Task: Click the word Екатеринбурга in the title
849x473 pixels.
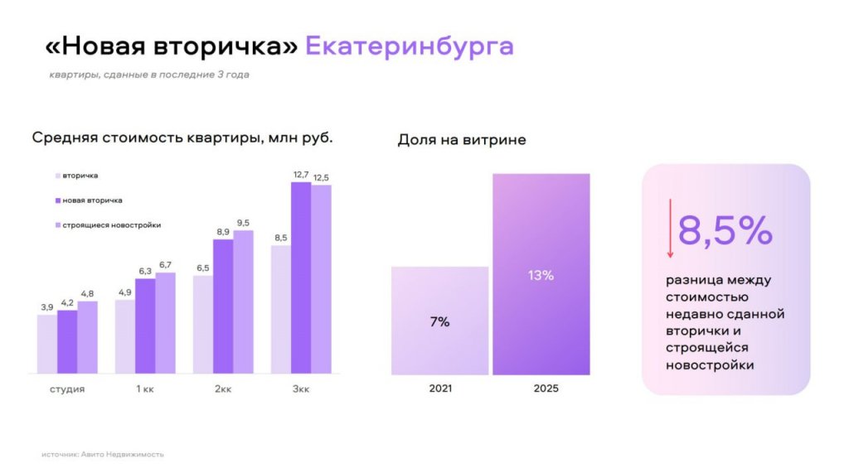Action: coord(409,46)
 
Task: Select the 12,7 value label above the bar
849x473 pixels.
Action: coord(301,174)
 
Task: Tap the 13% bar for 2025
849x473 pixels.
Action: coord(541,274)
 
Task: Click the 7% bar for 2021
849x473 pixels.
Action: coord(439,321)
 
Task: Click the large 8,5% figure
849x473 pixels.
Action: coord(725,230)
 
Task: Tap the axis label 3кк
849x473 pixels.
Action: coord(301,389)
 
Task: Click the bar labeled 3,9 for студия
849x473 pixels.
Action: coord(46,344)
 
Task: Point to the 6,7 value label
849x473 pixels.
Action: coord(167,265)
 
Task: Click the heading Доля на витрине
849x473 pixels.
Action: coord(462,140)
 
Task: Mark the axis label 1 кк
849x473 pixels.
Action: coord(145,389)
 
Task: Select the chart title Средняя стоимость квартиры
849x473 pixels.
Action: coord(182,138)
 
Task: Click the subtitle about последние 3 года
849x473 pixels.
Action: coord(148,75)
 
